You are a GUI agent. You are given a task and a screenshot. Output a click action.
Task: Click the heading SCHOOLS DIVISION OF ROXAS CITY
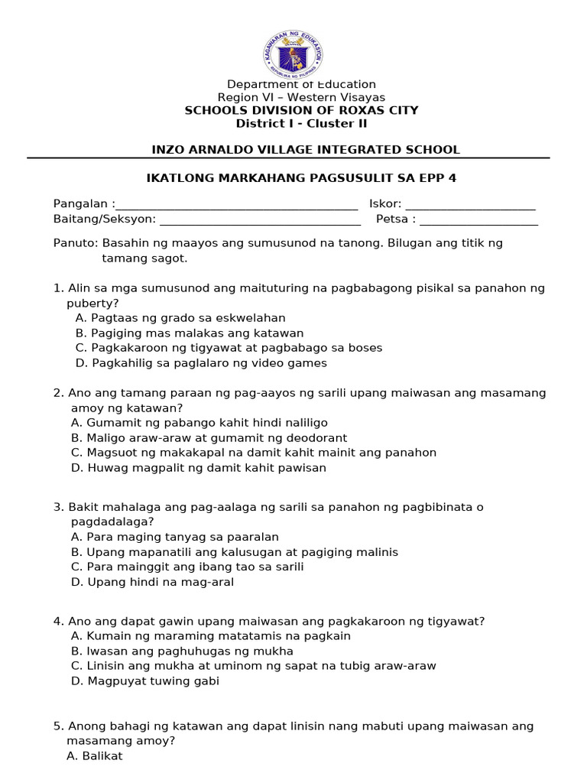coord(301,110)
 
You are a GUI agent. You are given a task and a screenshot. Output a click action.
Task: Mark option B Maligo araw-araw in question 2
coord(209,438)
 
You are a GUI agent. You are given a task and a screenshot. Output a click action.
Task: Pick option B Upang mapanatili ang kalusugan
coord(234,552)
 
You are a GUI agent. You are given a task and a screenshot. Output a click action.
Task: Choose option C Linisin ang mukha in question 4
coord(253,666)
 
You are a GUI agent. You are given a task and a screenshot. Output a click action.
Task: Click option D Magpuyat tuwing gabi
coord(144,681)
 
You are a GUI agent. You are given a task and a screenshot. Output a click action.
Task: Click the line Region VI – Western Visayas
coord(301,97)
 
